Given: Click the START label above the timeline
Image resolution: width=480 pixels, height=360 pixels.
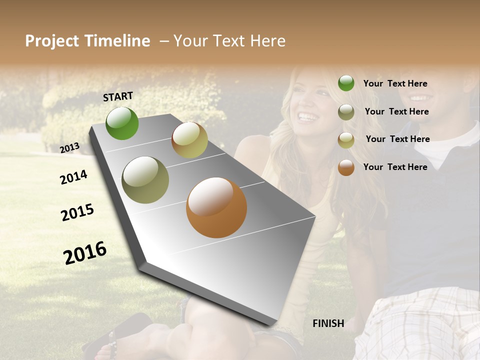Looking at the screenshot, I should [x=118, y=96].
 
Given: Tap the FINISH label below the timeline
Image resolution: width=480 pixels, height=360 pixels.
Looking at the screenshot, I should [x=328, y=323].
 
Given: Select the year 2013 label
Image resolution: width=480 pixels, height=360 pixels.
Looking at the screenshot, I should [x=70, y=147].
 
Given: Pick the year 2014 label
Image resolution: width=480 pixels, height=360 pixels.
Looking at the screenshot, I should [x=73, y=177].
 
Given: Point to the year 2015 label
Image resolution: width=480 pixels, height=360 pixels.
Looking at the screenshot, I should [x=77, y=212].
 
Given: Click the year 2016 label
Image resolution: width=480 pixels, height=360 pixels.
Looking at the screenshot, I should [x=85, y=252].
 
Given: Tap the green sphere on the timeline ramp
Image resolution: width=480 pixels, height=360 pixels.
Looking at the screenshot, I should [x=122, y=123].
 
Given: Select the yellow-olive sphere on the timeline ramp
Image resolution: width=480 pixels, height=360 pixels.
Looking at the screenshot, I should [x=189, y=140].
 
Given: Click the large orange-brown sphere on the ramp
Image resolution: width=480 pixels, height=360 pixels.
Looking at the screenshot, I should [x=216, y=207].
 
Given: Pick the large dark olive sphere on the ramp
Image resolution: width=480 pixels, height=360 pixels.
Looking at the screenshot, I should [x=145, y=180].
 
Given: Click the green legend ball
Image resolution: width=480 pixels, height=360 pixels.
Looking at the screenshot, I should [x=346, y=83].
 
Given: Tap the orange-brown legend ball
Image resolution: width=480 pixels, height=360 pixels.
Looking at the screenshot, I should [x=346, y=167].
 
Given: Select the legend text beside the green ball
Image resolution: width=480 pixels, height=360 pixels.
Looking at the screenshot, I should [x=395, y=84].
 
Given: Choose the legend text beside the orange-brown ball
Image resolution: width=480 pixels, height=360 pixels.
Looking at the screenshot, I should [x=395, y=167].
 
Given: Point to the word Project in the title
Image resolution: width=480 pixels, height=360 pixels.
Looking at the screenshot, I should [x=51, y=41].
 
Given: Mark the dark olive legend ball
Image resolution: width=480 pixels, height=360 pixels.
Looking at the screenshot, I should [x=346, y=112].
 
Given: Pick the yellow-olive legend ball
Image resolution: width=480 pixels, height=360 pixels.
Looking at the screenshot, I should [x=346, y=140].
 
